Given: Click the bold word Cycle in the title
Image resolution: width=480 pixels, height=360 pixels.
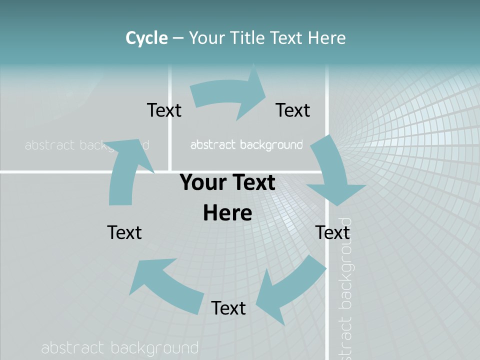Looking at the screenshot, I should click(x=146, y=37).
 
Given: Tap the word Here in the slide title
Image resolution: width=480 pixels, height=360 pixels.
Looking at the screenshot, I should click(x=327, y=37).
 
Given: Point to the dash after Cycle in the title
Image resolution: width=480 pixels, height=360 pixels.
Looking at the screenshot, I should click(x=178, y=38).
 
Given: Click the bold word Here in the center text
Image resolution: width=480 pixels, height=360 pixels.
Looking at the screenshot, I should click(x=227, y=212).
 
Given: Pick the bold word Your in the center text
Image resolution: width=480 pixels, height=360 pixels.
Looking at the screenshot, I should click(x=200, y=182).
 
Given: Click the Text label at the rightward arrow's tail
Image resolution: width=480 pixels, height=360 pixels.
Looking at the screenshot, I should click(x=164, y=110).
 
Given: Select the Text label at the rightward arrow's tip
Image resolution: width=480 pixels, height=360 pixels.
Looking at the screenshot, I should click(x=293, y=110).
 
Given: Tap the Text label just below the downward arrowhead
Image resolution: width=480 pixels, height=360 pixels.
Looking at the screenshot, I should click(x=332, y=232).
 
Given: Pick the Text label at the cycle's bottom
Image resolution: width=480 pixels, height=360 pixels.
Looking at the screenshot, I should click(x=228, y=308).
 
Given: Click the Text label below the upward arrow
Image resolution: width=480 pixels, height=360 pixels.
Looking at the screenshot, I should click(x=124, y=232).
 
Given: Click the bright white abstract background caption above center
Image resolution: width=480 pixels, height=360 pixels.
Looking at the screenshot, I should click(x=246, y=145).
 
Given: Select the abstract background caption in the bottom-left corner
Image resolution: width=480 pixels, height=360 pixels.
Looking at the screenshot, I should click(x=120, y=348).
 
